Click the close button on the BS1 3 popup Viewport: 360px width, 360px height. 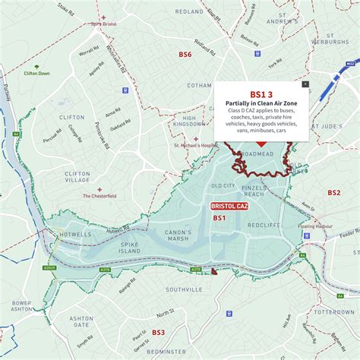click(x=305, y=84)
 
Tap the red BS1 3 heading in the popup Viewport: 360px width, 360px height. click(x=261, y=94)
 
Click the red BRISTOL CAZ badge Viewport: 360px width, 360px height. click(x=229, y=207)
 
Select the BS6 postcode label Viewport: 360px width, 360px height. click(x=185, y=55)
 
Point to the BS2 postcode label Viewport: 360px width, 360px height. click(x=334, y=193)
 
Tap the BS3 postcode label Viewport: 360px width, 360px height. click(x=158, y=332)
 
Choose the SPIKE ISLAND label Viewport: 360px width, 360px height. click(x=109, y=247)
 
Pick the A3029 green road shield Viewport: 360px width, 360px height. click(x=49, y=267)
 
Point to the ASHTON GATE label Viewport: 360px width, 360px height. click(x=81, y=321)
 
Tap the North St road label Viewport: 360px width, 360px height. click(x=166, y=311)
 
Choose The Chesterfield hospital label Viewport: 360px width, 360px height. click(x=99, y=196)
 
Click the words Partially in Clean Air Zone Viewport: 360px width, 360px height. click(x=261, y=104)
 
